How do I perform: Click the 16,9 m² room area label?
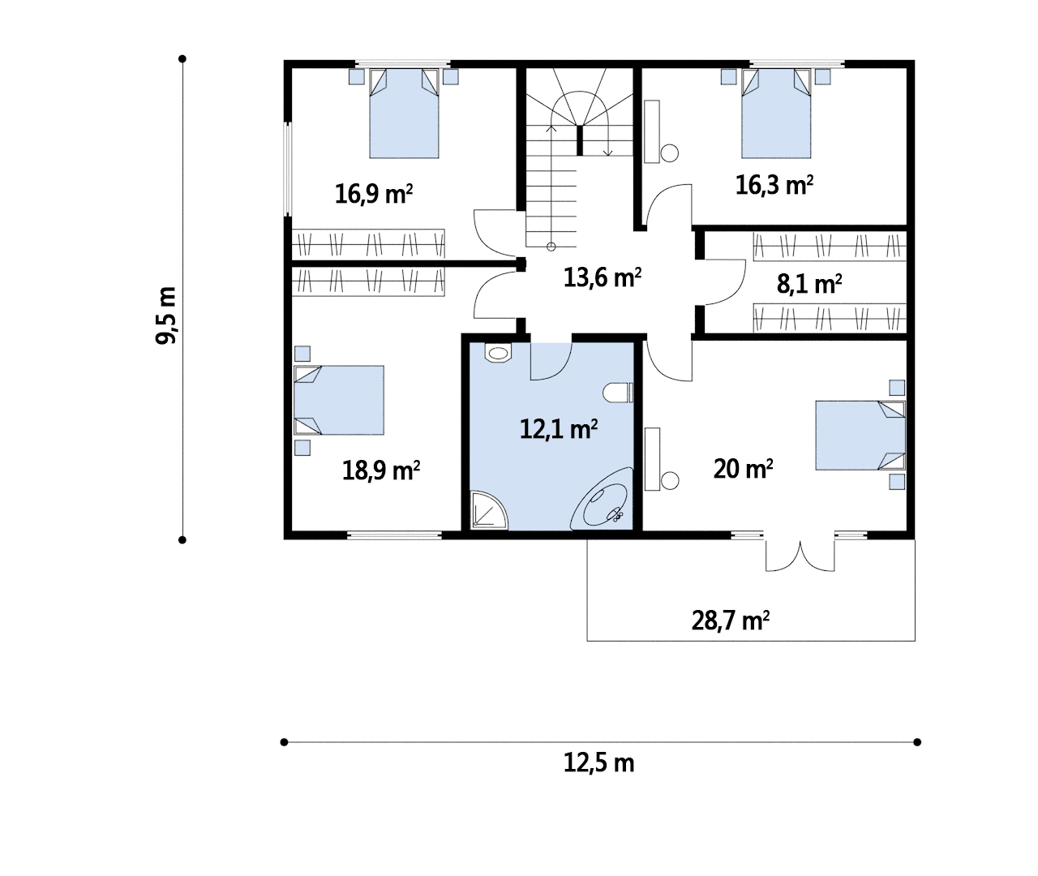point(374,193)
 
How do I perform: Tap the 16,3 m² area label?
point(774,186)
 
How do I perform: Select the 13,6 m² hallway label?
point(603,277)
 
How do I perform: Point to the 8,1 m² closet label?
point(809,284)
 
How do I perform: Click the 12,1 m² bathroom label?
point(559,428)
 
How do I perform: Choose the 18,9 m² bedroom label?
point(381,470)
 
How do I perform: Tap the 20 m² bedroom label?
point(743,468)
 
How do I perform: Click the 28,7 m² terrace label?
point(731,621)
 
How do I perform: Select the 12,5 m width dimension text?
point(599,762)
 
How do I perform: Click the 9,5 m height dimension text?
point(166,316)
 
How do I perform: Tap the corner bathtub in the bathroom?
point(602,499)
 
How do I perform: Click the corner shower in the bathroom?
point(489,509)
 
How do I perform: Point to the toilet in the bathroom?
point(618,393)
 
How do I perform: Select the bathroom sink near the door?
point(497,353)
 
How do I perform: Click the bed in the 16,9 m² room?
point(404,114)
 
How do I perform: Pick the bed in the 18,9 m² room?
point(339,400)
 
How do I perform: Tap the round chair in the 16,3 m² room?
point(670,153)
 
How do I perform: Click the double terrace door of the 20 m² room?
point(800,556)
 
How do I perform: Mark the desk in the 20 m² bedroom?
point(652,459)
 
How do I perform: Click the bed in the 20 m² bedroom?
point(860,435)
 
